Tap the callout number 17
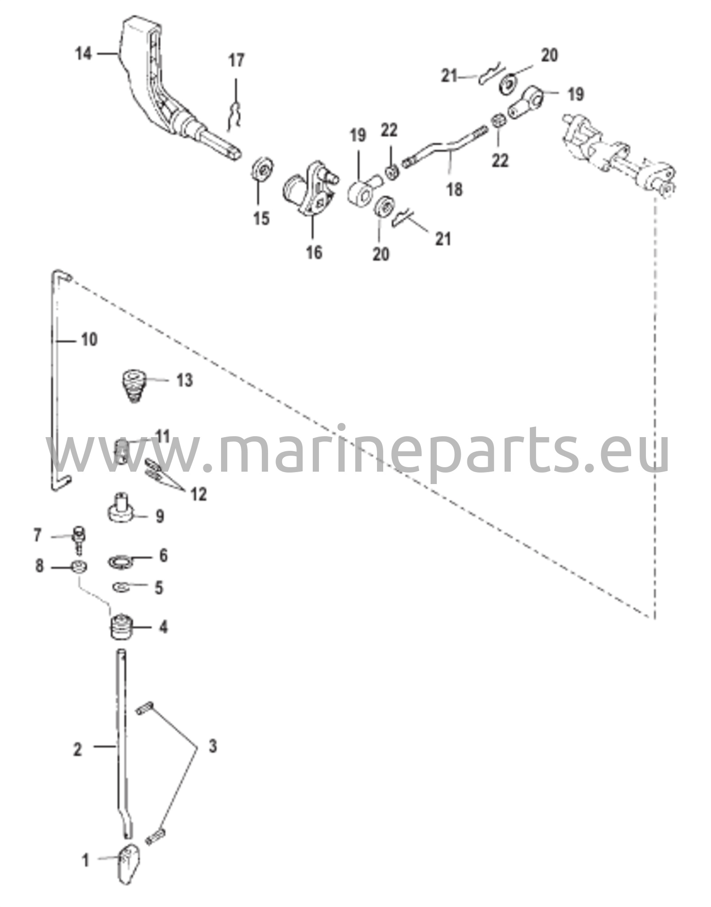pyautogui.click(x=237, y=60)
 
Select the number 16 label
pyautogui.click(x=314, y=253)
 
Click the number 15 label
pyautogui.click(x=261, y=218)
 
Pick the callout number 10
pyautogui.click(x=89, y=340)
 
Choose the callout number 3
pyautogui.click(x=213, y=746)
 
